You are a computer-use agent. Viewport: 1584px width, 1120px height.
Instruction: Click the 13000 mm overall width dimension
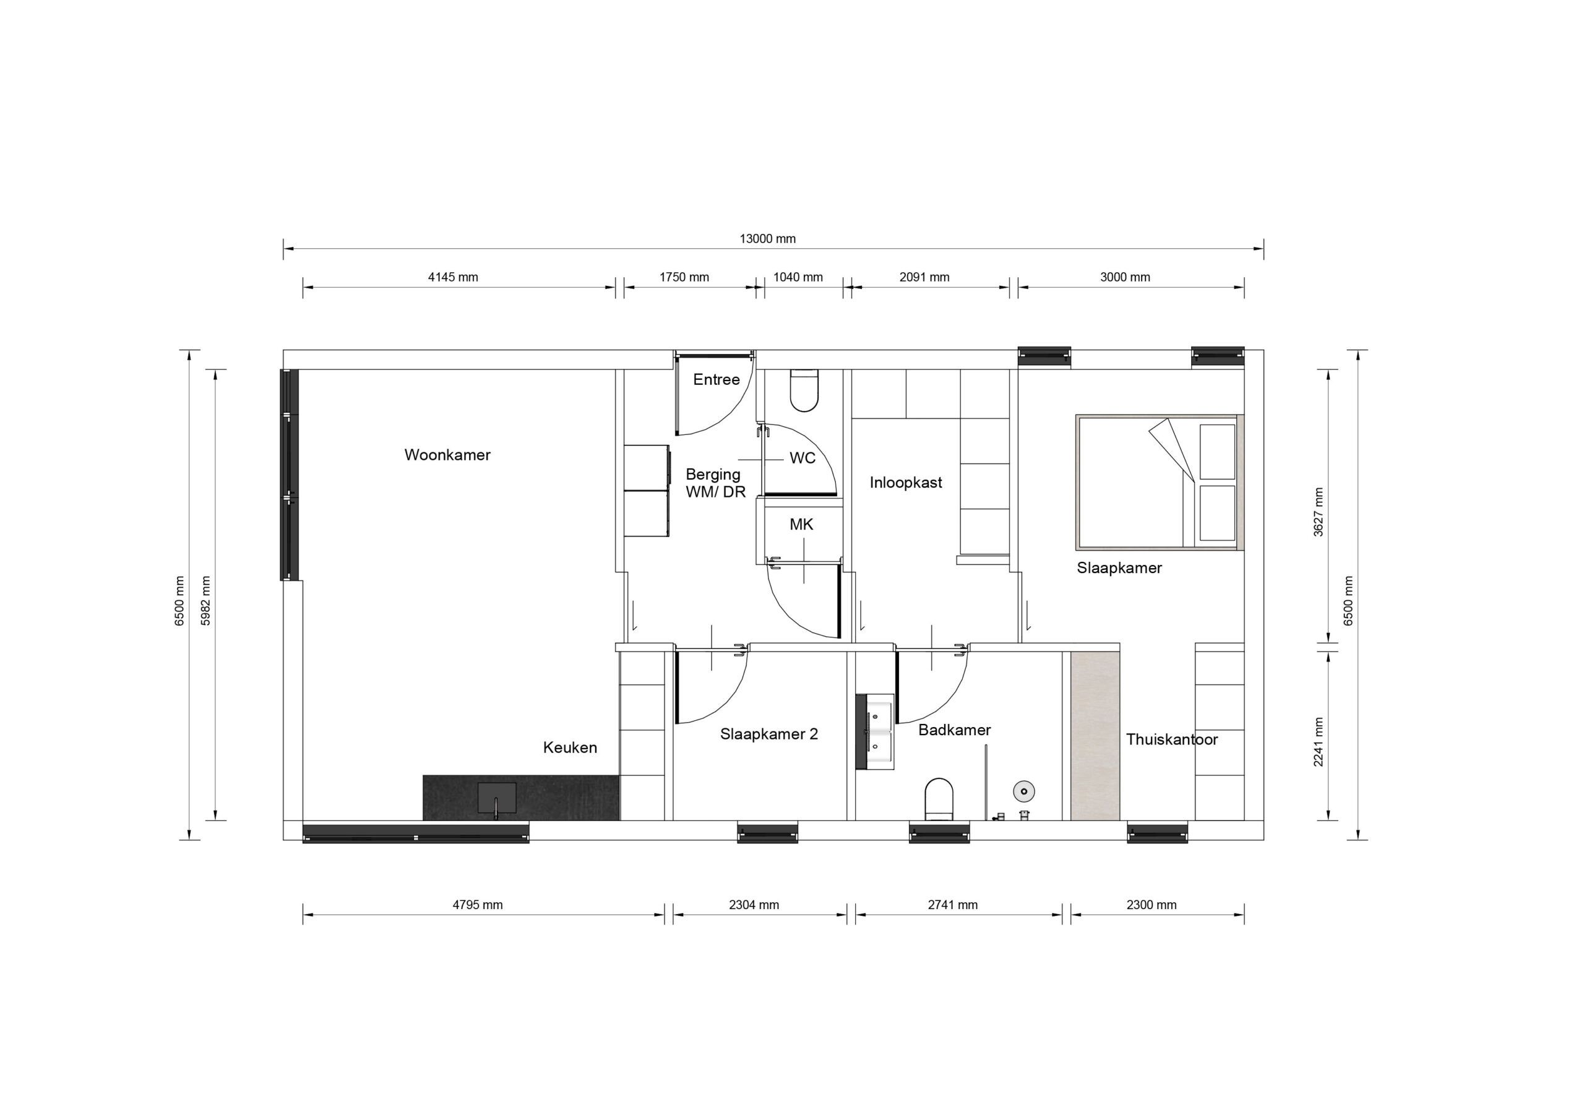[x=767, y=239]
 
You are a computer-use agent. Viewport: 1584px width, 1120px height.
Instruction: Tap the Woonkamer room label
[x=447, y=455]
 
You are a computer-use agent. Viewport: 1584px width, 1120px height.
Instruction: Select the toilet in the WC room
[x=804, y=390]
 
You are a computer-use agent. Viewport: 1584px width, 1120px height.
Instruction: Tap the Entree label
[x=716, y=379]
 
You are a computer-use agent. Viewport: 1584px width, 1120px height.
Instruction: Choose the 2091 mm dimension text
[x=924, y=277]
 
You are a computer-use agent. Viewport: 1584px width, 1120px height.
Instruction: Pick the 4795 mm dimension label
[x=478, y=905]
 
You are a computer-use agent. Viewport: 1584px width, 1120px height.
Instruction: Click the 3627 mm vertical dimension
[x=1319, y=512]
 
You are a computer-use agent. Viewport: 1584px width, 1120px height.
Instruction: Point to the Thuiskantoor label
[x=1171, y=740]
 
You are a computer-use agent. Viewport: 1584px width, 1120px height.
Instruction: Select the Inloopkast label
[x=905, y=483]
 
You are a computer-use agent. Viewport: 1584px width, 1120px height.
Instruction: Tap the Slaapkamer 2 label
[x=768, y=734]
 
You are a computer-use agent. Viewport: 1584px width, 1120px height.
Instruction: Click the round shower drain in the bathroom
[x=1024, y=791]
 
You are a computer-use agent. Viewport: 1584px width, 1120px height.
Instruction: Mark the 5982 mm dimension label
[x=205, y=600]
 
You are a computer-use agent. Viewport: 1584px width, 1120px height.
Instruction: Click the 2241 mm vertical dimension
[x=1319, y=742]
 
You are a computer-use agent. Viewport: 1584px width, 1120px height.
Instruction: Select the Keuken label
[x=570, y=747]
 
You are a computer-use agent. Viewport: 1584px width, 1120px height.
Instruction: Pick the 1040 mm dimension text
[x=798, y=277]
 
